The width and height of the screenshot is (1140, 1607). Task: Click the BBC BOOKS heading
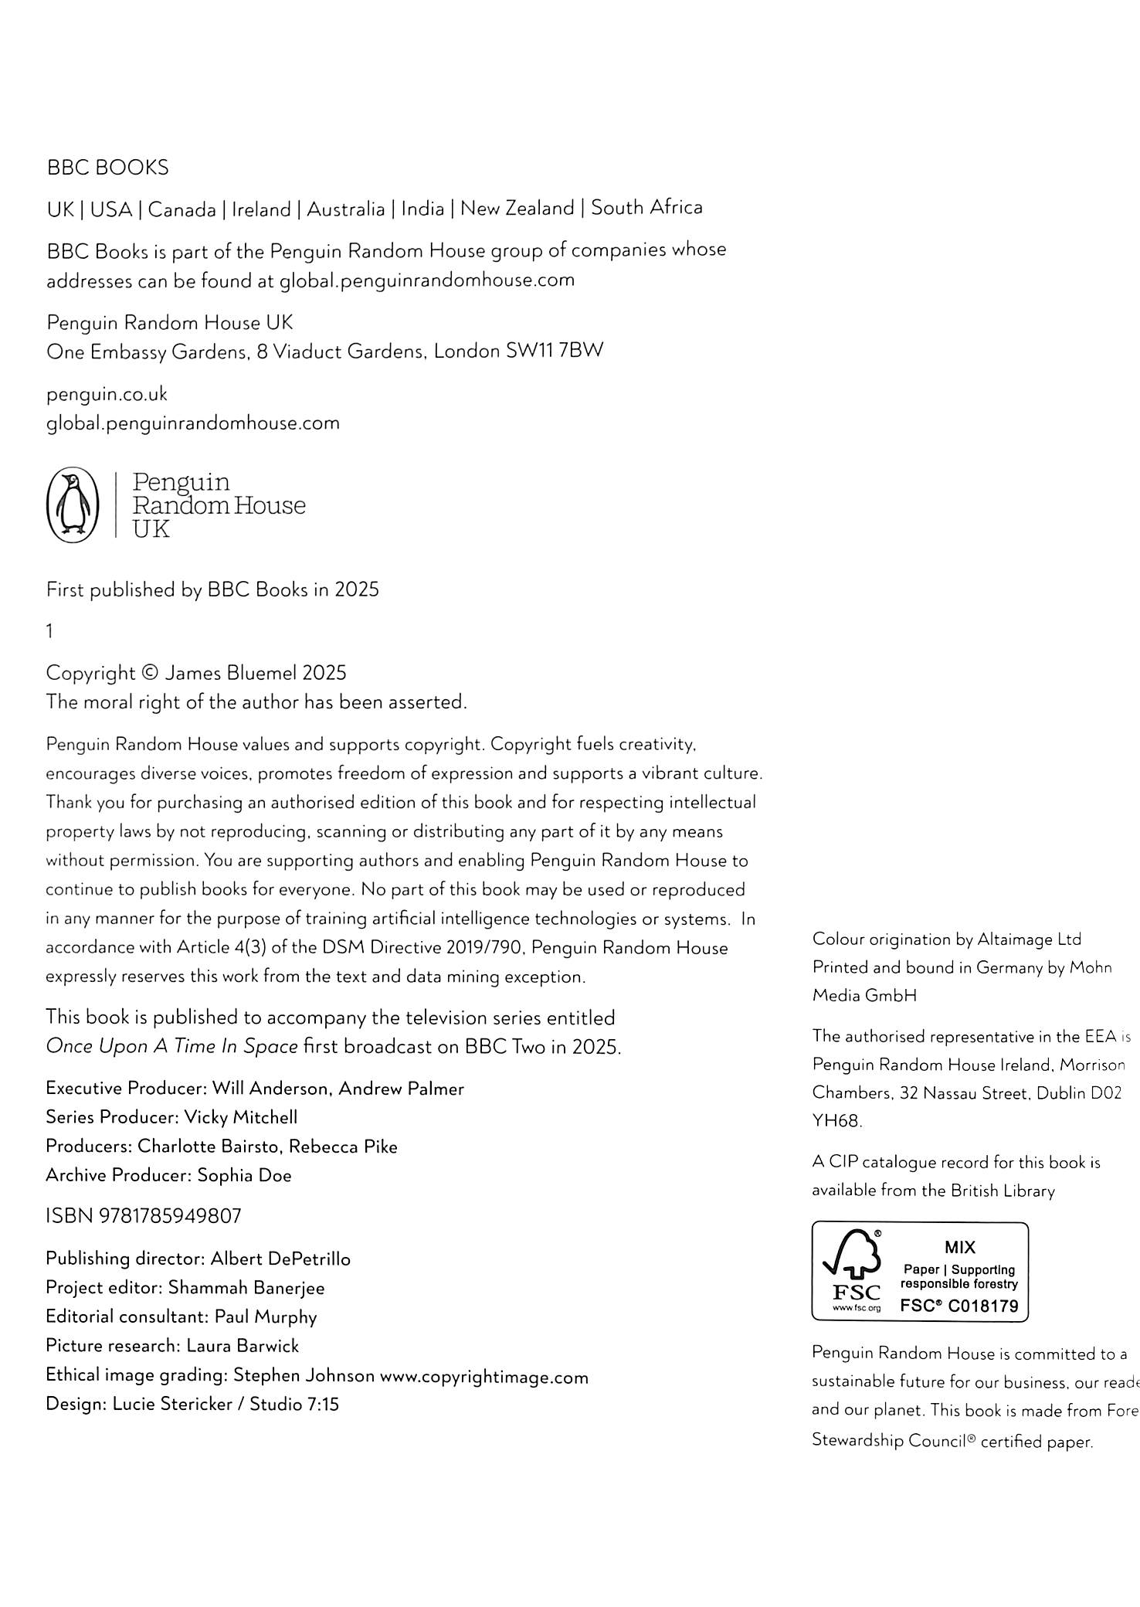click(107, 168)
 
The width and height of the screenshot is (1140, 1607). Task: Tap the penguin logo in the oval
click(73, 505)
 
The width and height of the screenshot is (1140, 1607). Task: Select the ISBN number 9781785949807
click(170, 1216)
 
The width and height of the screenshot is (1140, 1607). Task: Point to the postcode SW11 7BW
click(554, 351)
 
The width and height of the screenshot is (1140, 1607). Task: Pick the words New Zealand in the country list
click(517, 209)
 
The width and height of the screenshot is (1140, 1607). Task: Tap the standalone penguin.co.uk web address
click(107, 394)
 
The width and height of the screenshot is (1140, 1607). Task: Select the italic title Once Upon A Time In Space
click(171, 1047)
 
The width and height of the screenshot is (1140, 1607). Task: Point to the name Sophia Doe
click(244, 1175)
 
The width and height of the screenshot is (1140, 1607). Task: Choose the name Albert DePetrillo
click(280, 1259)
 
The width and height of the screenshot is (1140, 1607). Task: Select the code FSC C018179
click(959, 1306)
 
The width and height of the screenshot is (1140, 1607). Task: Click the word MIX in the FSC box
click(959, 1247)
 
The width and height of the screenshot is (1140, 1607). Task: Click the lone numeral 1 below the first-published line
click(49, 631)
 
